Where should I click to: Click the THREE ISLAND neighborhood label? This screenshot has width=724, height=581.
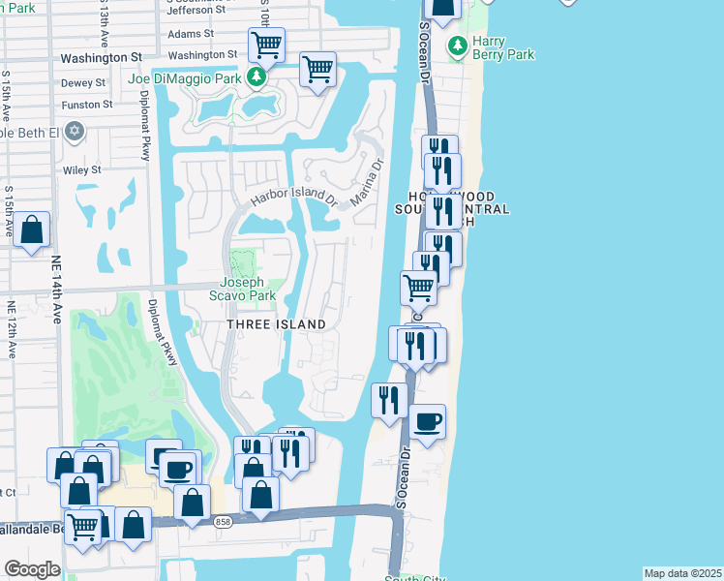click(x=275, y=323)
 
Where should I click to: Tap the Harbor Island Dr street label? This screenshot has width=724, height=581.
click(x=293, y=197)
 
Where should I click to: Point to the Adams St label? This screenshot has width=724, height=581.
click(x=191, y=34)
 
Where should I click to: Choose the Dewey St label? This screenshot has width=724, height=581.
click(x=82, y=84)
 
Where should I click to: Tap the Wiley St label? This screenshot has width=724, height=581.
click(x=82, y=170)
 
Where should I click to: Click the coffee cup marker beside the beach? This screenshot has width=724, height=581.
click(x=428, y=421)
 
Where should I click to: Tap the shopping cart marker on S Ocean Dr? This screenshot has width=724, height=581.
click(x=418, y=287)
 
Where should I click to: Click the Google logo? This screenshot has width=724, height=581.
click(x=32, y=569)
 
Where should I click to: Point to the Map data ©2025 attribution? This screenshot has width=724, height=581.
click(x=683, y=573)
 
